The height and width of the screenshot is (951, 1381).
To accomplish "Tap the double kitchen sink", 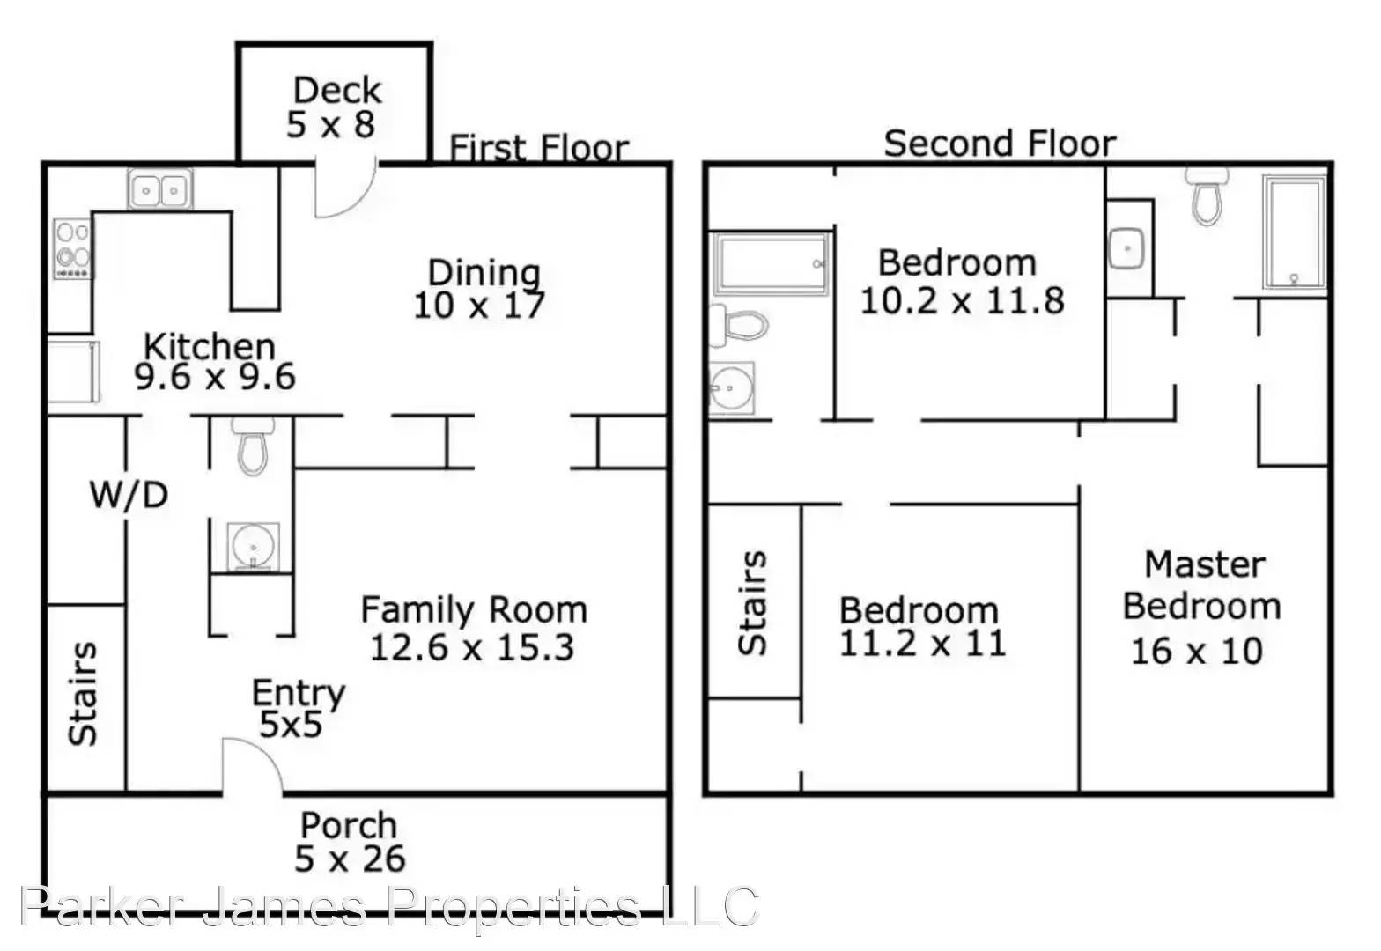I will [x=160, y=189].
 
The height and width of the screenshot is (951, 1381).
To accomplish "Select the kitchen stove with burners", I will [x=72, y=249].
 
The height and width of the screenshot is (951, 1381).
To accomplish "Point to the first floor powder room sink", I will [x=253, y=547].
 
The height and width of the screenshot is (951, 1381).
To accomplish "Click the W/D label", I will [x=129, y=495].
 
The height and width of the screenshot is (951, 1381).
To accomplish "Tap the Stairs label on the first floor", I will [x=84, y=694].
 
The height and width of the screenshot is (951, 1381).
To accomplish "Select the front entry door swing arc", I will [x=251, y=764].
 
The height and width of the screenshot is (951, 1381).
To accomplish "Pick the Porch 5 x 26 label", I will [x=350, y=842].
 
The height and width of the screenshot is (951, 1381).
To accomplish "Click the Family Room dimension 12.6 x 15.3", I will [x=471, y=648].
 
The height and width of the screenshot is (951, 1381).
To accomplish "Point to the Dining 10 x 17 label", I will [x=480, y=289].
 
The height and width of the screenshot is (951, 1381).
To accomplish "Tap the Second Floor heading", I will [x=1000, y=144].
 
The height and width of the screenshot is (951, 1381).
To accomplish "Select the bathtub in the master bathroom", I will [x=1294, y=232].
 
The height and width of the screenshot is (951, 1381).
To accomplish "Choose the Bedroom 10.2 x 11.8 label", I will [x=961, y=282].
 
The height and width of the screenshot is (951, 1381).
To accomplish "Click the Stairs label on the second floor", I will [x=753, y=603].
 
